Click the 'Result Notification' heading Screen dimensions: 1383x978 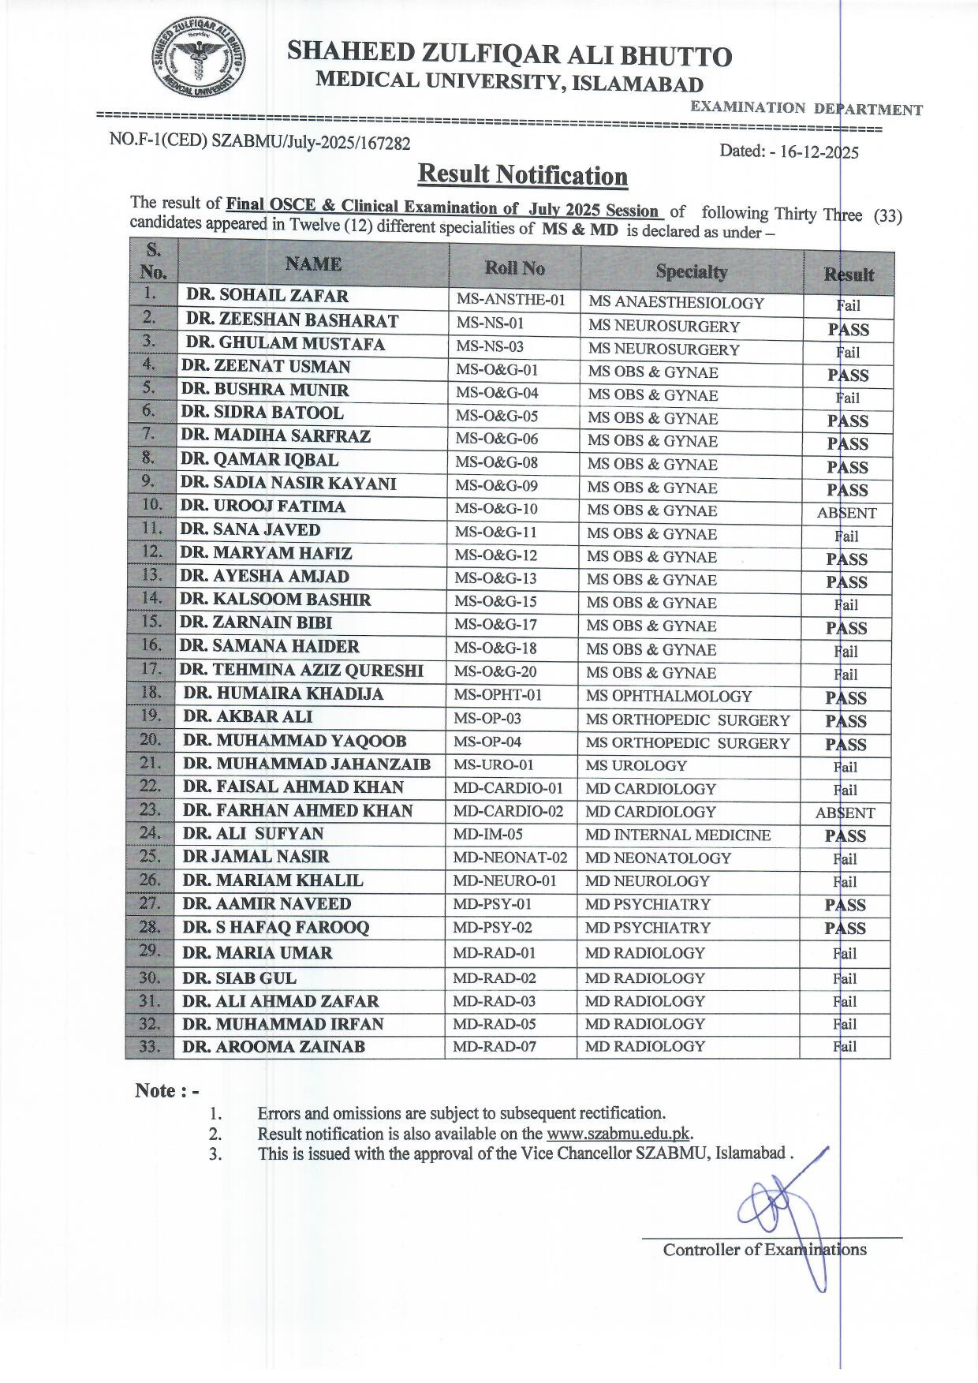coord(522,174)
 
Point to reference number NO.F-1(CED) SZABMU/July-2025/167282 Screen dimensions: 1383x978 coord(259,141)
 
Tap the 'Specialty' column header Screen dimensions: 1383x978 coord(691,271)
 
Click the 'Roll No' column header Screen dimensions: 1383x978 coord(514,268)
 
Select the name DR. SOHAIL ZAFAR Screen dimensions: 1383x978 coord(267,297)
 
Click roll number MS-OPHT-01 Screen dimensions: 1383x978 coord(498,695)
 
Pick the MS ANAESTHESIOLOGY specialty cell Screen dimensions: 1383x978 coord(676,303)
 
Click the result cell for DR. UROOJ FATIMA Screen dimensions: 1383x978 coord(846,513)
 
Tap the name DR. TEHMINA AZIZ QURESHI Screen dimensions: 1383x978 coord(301,671)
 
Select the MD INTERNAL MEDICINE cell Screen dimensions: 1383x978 coord(678,835)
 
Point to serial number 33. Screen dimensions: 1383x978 coord(150,1048)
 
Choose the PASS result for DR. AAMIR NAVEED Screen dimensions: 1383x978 coord(845,905)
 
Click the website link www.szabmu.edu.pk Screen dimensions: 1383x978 coord(618,1134)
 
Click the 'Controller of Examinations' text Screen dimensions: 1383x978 coord(764,1250)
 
